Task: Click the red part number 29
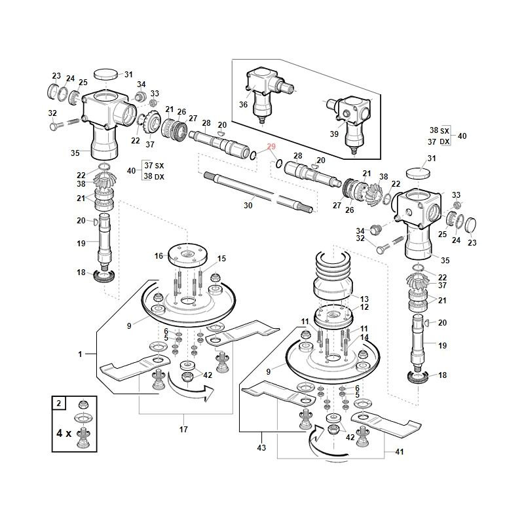tap(271, 147)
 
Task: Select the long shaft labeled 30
tap(259, 192)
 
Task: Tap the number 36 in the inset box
tap(243, 105)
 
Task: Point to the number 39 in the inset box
tap(334, 134)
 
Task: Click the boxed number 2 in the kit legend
tap(59, 403)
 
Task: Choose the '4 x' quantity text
tap(64, 434)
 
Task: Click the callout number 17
tap(183, 429)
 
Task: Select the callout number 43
tap(261, 447)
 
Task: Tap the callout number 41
tap(400, 452)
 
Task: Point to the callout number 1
tap(80, 354)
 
